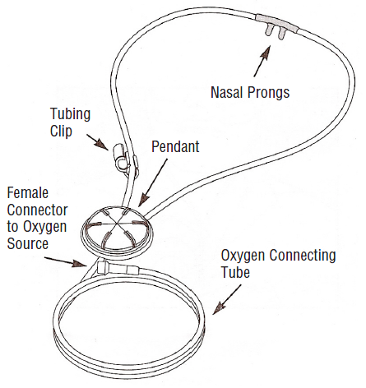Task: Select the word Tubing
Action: click(x=71, y=115)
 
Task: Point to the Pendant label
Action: click(x=175, y=146)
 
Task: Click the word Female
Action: click(x=28, y=193)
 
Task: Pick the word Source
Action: click(x=28, y=243)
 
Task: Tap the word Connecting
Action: click(x=303, y=256)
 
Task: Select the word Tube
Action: click(x=235, y=272)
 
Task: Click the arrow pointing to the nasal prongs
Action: click(x=262, y=61)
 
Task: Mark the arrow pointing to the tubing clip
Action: click(x=98, y=142)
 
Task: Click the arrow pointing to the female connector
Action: click(x=66, y=262)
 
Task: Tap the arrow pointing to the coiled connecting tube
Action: click(x=227, y=299)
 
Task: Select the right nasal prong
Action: click(x=282, y=33)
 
